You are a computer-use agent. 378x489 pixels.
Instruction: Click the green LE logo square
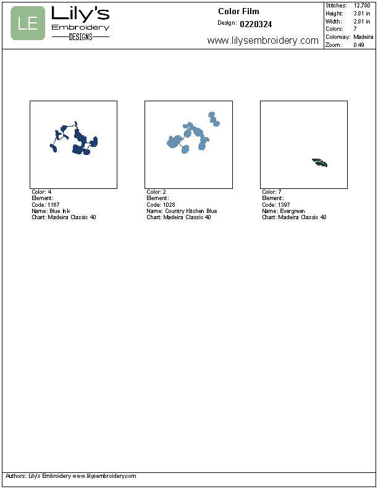point(28,23)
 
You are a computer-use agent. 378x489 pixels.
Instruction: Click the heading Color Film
point(238,12)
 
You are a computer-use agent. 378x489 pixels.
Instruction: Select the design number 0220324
point(256,24)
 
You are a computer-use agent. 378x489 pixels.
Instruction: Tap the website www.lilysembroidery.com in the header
point(263,41)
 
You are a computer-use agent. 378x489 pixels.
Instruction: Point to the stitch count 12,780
point(362,6)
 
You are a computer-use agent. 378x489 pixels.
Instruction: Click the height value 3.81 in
point(362,14)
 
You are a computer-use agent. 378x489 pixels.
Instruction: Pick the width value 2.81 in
point(362,21)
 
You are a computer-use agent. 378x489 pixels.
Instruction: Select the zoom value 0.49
point(359,44)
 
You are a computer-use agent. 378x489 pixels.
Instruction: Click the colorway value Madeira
point(363,37)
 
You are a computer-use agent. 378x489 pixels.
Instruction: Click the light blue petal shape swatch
point(193,133)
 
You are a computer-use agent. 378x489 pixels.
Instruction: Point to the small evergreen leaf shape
point(320,163)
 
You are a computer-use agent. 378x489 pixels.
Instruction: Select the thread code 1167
point(53,204)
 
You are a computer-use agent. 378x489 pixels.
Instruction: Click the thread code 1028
point(169,204)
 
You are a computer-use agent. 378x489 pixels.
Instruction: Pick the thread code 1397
point(284,204)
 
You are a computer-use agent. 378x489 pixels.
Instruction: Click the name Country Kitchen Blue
point(191,211)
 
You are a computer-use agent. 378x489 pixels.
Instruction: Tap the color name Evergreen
point(292,211)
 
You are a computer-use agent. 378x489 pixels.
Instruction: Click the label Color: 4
point(41,192)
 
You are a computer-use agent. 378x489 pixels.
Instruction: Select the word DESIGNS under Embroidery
point(81,37)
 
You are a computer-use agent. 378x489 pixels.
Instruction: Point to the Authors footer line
point(71,476)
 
